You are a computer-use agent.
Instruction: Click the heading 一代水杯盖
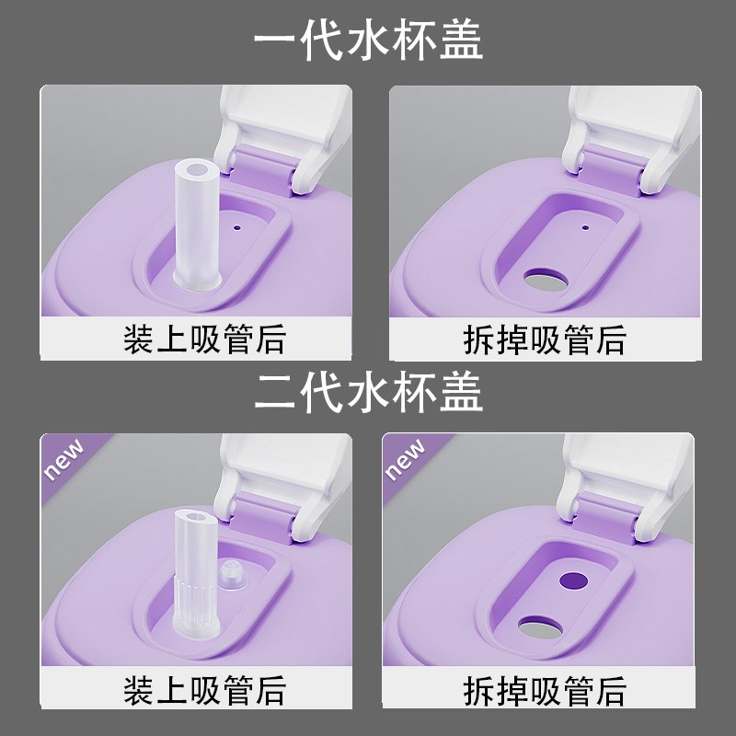(x=368, y=41)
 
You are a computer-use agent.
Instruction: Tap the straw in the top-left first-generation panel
(x=196, y=221)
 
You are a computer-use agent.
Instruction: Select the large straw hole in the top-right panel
(x=545, y=280)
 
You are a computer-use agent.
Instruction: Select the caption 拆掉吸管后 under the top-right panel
(x=545, y=339)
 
